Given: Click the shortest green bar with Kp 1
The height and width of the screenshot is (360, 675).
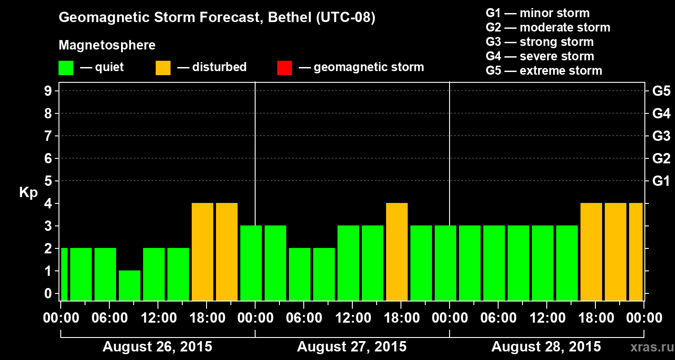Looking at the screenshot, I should click(x=130, y=285).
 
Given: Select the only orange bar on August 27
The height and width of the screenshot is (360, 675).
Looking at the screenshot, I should click(x=397, y=252).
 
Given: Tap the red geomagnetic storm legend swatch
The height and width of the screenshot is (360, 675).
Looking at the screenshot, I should click(x=285, y=67).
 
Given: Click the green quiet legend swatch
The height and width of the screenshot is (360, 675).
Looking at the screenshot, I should click(x=66, y=67).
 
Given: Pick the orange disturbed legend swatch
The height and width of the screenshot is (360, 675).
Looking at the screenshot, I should click(x=163, y=67).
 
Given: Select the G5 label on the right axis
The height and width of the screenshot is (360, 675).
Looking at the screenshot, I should click(x=661, y=91).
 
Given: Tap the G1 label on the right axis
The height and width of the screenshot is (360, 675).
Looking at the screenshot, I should click(x=661, y=181).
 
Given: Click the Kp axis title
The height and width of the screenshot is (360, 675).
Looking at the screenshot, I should click(x=28, y=193).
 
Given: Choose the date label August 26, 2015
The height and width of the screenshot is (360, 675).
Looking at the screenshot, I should click(x=157, y=347).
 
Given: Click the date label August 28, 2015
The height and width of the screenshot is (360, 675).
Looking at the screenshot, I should click(x=546, y=347).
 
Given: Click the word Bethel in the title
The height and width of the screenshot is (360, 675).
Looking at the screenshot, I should click(x=289, y=18).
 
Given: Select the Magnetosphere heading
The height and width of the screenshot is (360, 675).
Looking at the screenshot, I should click(x=107, y=45).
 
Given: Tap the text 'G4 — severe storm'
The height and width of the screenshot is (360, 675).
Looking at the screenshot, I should click(x=540, y=56).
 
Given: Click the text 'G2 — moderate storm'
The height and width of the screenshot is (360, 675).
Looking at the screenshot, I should click(x=548, y=27).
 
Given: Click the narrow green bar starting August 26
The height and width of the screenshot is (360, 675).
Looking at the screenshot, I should click(x=64, y=274).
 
